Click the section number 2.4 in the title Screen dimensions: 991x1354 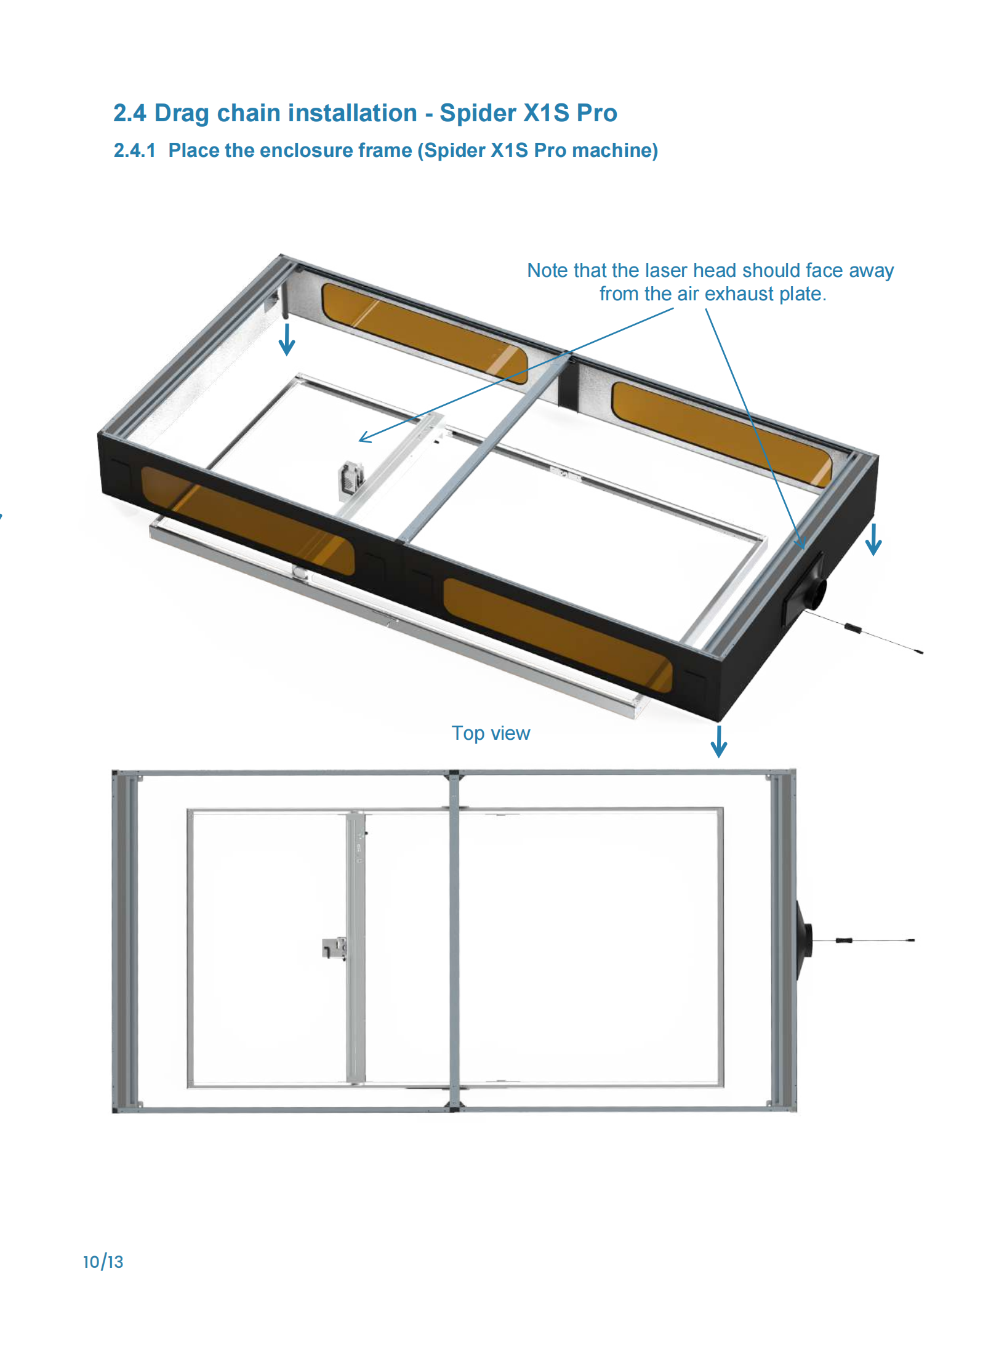pos(130,113)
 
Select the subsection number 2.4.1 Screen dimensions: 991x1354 pos(135,151)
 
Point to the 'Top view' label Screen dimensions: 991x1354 pos(491,733)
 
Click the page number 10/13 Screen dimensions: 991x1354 pos(103,1262)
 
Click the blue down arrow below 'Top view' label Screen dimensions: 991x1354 pos(719,742)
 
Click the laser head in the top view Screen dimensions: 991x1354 pos(334,948)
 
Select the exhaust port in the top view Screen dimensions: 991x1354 pos(804,940)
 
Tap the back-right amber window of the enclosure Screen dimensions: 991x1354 pos(721,434)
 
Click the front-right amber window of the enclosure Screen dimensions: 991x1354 pos(558,635)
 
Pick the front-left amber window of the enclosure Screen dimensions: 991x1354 pos(247,521)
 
